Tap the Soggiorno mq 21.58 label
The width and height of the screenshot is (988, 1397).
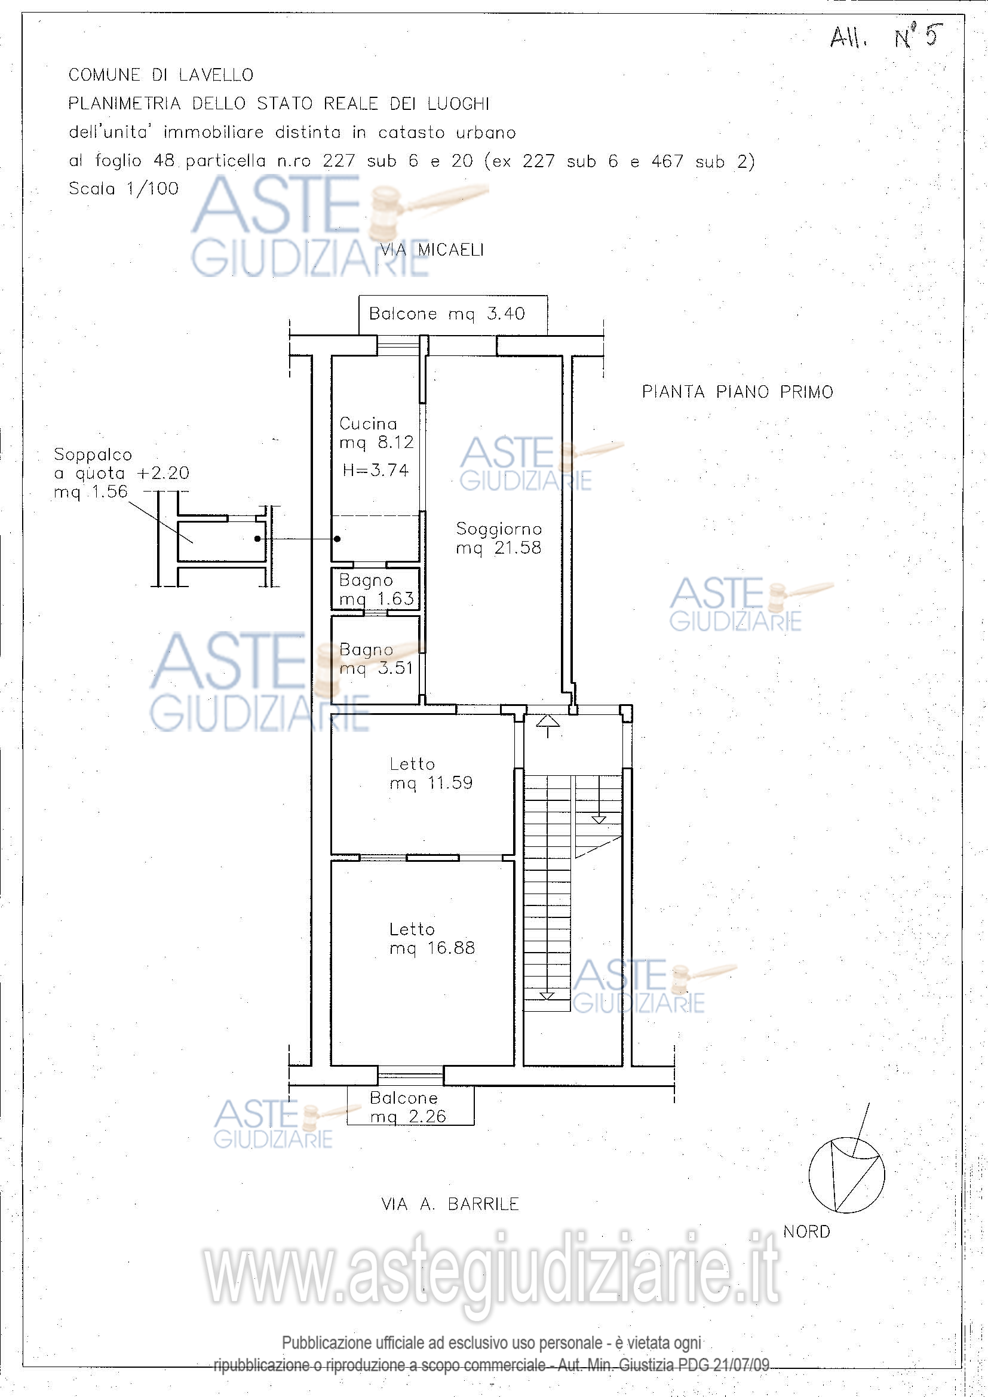[x=499, y=539]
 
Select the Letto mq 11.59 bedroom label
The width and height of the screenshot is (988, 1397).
[x=431, y=773]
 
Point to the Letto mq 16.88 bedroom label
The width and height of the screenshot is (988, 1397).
[x=432, y=938]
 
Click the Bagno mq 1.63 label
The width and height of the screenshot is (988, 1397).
[x=376, y=589]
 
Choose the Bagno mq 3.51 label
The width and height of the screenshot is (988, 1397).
[x=376, y=659]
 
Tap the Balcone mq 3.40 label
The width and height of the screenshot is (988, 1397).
[x=447, y=314]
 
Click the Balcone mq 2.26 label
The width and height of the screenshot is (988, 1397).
[x=407, y=1107]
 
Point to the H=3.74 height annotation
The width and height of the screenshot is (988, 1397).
[x=375, y=469]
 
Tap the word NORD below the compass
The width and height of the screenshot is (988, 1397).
[x=806, y=1232]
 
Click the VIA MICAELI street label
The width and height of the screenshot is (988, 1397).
[x=432, y=250]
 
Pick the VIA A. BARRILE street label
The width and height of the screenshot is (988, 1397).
[x=450, y=1204]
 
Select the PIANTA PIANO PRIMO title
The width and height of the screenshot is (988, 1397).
[x=737, y=392]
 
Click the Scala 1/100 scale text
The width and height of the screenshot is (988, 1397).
[x=124, y=189]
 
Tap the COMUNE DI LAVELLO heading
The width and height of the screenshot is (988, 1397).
[x=161, y=75]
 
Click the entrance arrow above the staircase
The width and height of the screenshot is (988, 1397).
[x=548, y=726]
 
